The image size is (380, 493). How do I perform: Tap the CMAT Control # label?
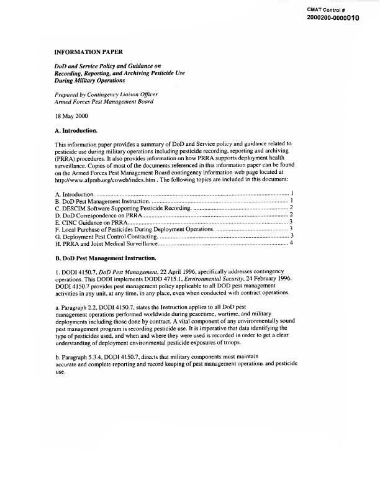click(x=326, y=9)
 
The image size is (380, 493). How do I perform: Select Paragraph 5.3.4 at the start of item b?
click(x=86, y=356)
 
